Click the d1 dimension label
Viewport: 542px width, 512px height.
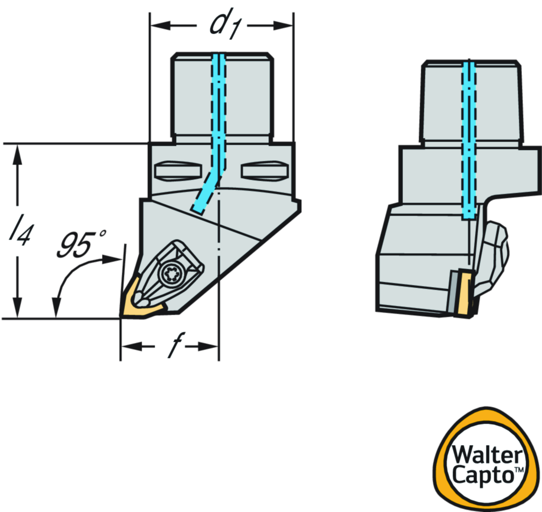(x=222, y=26)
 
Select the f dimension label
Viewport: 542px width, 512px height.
(x=170, y=346)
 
